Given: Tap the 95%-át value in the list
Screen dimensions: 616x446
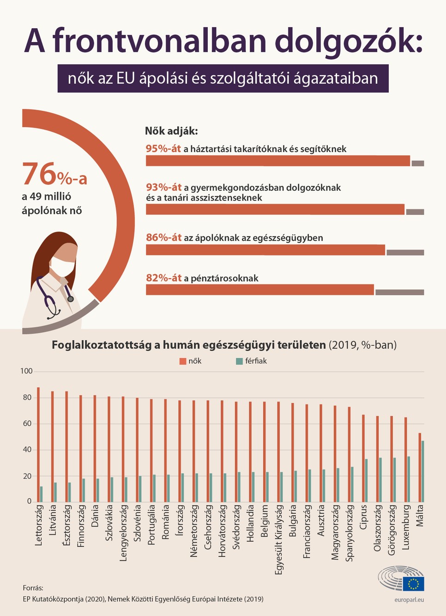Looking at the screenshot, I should click(163, 149).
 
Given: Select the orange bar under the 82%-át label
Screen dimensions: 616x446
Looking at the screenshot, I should click(260, 290).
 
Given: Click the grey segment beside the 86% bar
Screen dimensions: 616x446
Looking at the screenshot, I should click(405, 252).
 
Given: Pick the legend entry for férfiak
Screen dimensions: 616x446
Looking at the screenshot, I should click(252, 361).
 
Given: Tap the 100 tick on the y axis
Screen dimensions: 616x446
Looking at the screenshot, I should click(26, 371).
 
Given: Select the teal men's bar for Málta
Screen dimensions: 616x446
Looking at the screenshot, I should click(423, 471).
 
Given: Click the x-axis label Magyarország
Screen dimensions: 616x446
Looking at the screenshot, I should click(336, 532).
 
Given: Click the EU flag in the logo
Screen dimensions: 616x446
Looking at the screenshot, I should click(413, 584).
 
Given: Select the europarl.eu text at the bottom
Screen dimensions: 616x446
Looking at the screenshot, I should click(409, 599).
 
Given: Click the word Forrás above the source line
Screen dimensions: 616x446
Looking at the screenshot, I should click(33, 588).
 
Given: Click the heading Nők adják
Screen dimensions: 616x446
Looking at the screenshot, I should click(171, 131).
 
